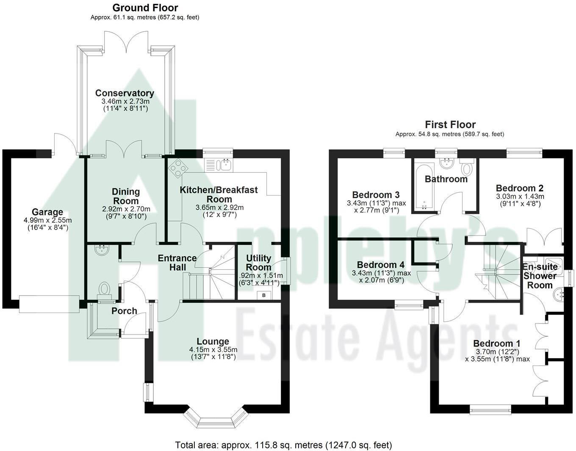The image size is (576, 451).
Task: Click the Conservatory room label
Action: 125,93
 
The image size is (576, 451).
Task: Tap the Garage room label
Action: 47,212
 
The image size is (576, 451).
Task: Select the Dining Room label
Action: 126,196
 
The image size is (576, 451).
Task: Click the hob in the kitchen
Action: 177,167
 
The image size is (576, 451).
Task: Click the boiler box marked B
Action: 264,295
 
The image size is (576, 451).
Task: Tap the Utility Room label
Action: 258,263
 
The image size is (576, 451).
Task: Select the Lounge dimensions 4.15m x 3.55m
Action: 213,350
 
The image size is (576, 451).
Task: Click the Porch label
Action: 124,311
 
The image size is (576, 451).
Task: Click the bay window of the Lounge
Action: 216,419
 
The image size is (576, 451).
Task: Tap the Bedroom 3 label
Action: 376,195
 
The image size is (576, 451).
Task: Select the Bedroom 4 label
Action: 380,265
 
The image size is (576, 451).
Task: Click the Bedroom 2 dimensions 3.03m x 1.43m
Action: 520,196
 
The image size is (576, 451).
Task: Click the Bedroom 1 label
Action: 497,343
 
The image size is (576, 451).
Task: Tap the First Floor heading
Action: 450,125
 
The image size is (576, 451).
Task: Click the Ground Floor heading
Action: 145,8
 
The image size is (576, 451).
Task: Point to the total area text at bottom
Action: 283,445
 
